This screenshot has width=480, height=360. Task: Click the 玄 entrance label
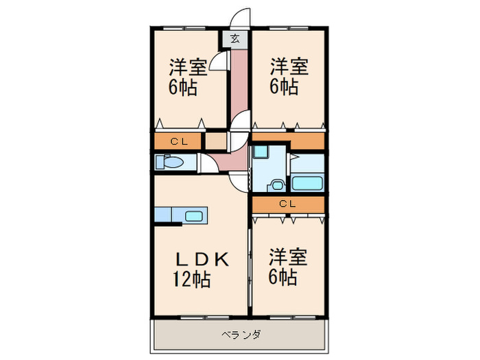click(x=235, y=39)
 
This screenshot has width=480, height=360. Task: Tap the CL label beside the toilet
click(x=180, y=142)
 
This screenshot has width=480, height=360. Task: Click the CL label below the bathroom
click(x=287, y=204)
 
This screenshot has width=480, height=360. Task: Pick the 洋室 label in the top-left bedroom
click(x=189, y=68)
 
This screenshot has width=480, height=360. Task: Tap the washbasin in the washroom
click(x=278, y=184)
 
